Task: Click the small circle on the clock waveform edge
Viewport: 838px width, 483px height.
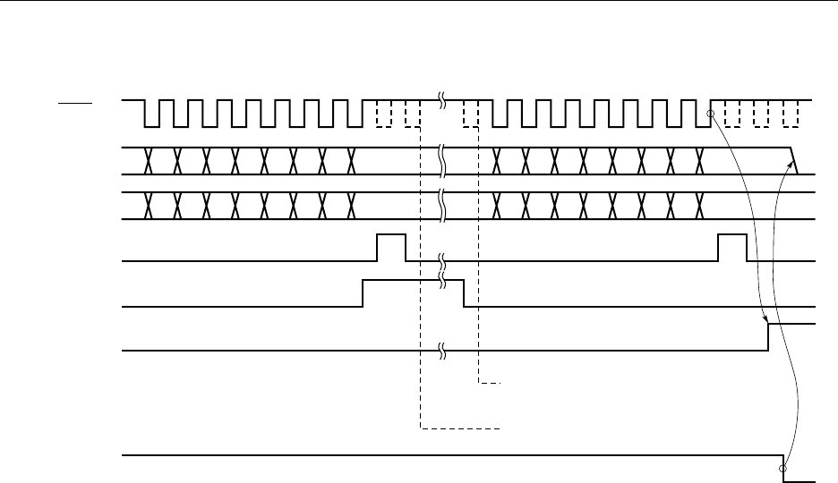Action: tap(710, 114)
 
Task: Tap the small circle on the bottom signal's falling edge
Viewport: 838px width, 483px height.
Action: tap(783, 468)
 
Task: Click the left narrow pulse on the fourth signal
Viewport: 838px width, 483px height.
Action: tap(391, 247)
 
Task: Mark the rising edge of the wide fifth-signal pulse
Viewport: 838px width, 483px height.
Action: tap(363, 293)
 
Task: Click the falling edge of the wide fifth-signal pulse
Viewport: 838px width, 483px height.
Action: tap(464, 293)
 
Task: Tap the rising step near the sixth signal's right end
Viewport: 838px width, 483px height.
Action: tap(769, 337)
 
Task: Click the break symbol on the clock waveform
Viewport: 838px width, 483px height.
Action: tap(441, 100)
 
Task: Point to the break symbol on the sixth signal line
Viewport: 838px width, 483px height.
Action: tap(441, 351)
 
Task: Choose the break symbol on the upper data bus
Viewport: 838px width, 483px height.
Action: tap(441, 159)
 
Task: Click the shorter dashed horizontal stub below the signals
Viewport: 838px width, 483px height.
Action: tap(488, 383)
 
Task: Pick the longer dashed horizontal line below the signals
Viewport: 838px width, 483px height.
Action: tap(459, 429)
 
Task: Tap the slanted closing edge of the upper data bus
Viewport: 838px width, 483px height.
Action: tap(793, 159)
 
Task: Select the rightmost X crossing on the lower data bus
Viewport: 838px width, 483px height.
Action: tap(697, 206)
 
